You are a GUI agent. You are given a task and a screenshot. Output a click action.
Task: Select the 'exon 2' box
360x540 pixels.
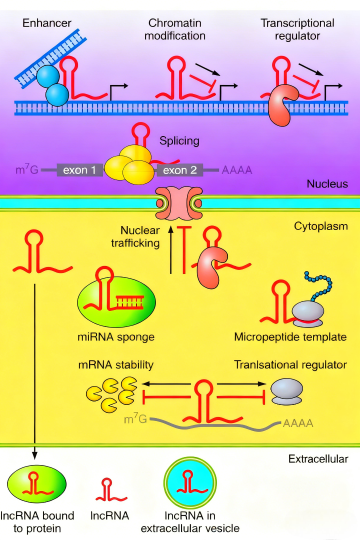(180, 170)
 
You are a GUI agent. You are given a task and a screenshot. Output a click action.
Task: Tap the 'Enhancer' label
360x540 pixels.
(47, 23)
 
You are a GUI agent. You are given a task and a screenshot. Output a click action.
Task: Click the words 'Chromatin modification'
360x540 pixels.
(177, 29)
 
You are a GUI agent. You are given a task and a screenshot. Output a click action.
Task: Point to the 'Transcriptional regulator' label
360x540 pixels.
(297, 29)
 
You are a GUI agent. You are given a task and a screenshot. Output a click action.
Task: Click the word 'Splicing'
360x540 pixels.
(179, 141)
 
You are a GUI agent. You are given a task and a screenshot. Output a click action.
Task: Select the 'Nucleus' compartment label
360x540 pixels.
(327, 184)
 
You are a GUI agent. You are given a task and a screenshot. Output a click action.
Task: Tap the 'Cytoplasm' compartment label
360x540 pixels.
(320, 226)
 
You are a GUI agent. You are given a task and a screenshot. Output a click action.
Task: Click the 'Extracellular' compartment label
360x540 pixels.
(318, 458)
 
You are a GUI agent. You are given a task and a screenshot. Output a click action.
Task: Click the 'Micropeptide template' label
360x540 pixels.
(290, 337)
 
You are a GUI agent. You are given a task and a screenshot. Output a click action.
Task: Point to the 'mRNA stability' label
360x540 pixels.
(115, 365)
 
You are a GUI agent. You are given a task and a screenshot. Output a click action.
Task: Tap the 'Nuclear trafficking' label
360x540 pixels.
(140, 237)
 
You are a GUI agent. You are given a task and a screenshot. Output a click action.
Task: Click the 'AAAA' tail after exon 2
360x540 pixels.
(237, 170)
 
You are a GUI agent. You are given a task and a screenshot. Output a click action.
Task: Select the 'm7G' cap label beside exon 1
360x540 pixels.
(27, 170)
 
